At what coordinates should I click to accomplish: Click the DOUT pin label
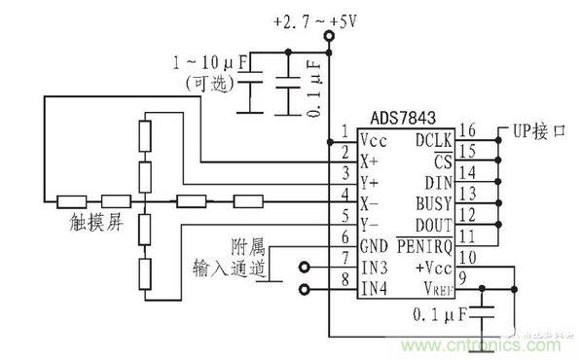[435, 224]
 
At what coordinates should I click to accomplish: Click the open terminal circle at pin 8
[306, 289]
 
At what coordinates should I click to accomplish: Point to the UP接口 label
[530, 130]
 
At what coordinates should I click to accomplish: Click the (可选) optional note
[208, 85]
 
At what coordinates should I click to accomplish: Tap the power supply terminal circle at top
[329, 37]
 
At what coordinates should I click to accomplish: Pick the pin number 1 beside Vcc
[343, 130]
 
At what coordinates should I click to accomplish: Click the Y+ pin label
[372, 181]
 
